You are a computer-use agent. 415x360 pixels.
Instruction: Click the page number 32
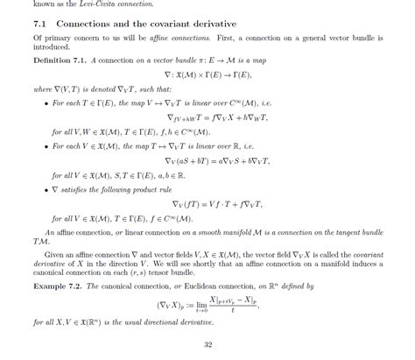[207, 343]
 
